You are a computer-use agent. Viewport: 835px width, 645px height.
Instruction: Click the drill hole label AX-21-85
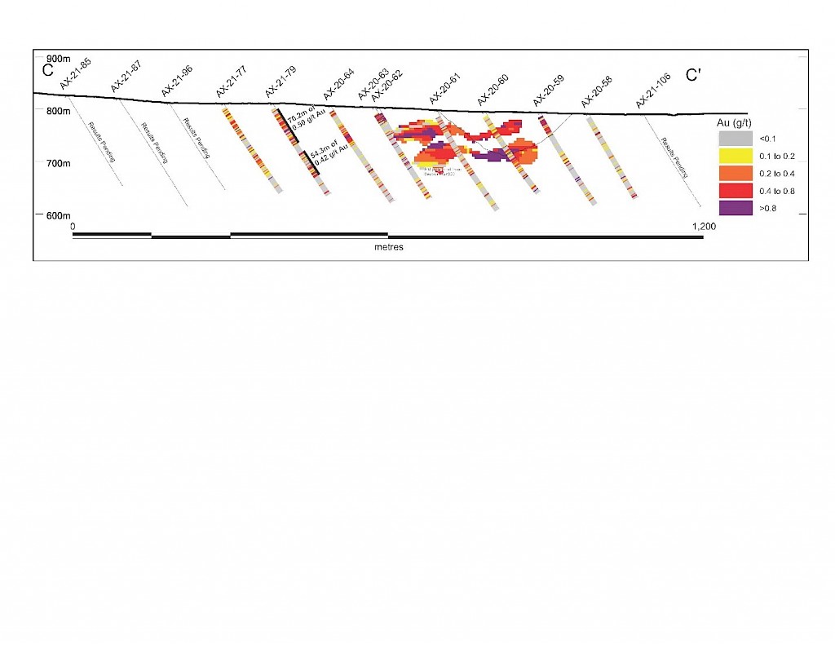click(75, 73)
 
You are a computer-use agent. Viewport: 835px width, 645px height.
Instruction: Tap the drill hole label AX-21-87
click(126, 76)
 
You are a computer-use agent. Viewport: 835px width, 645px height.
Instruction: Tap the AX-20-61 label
click(445, 88)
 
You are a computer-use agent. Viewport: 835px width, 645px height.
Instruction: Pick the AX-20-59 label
click(549, 91)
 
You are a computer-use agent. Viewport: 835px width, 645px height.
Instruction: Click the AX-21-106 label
click(653, 94)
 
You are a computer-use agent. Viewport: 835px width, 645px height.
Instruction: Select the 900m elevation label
click(59, 59)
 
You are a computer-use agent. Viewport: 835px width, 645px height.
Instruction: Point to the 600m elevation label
click(59, 215)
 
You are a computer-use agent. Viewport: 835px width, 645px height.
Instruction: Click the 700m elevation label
click(59, 163)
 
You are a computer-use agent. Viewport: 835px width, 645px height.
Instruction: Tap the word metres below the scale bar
click(389, 246)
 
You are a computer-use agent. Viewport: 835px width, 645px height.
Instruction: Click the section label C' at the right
click(694, 76)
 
